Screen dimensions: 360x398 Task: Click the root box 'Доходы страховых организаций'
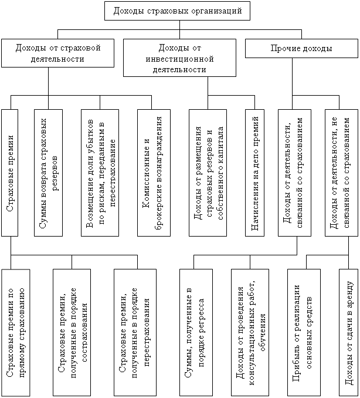pyautogui.click(x=177, y=11)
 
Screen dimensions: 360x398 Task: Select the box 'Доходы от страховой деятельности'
pyautogui.click(x=58, y=53)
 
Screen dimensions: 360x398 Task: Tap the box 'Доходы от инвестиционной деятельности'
pyautogui.click(x=179, y=58)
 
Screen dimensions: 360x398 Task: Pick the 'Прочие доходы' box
pyautogui.click(x=302, y=48)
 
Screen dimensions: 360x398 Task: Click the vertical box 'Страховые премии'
pyautogui.click(x=9, y=173)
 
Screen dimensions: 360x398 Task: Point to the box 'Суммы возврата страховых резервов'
pyautogui.click(x=49, y=173)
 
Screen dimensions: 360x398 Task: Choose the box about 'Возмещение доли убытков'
pyautogui.click(x=100, y=173)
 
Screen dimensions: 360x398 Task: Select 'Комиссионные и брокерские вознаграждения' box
pyautogui.click(x=154, y=173)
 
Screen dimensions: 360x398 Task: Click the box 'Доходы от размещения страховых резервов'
pyautogui.click(x=208, y=173)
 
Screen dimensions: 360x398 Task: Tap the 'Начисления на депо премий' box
pyautogui.click(x=255, y=173)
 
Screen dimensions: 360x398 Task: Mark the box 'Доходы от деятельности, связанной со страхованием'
pyautogui.click(x=294, y=173)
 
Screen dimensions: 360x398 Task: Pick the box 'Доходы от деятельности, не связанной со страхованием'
pyautogui.click(x=341, y=173)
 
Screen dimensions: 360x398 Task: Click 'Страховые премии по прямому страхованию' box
pyautogui.click(x=16, y=333)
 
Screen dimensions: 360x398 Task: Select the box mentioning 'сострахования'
pyautogui.click(x=72, y=333)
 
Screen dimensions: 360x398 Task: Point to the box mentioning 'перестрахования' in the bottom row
pyautogui.click(x=135, y=333)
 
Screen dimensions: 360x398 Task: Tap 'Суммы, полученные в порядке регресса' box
pyautogui.click(x=196, y=333)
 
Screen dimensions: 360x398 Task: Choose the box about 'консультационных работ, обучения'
pyautogui.click(x=250, y=333)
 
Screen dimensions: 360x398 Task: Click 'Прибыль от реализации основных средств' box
pyautogui.click(x=304, y=333)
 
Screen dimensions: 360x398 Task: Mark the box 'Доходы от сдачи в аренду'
pyautogui.click(x=349, y=333)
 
